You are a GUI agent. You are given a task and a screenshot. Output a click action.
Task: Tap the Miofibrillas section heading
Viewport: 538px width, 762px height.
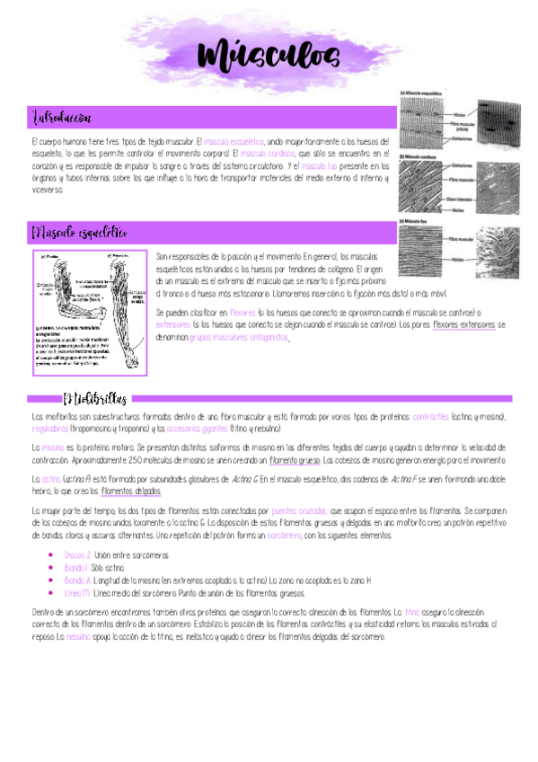coord(95,398)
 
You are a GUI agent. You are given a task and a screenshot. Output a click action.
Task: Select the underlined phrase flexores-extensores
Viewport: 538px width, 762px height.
coord(463,324)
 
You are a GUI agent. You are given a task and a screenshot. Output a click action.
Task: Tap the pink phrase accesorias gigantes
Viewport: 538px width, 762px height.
coord(202,430)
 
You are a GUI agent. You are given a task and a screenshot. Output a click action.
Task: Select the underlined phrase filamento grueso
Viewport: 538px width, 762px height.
coord(292,459)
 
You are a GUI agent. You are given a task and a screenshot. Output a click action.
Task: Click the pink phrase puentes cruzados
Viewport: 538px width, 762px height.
coord(299,509)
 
